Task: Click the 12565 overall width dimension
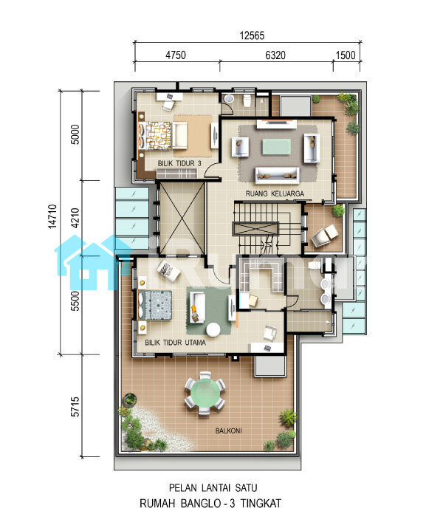(252, 35)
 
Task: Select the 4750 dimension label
(176, 55)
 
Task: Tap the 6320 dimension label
(275, 55)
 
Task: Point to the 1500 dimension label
(346, 55)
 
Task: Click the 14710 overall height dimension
(52, 216)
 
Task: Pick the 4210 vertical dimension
(75, 218)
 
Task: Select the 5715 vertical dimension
(75, 406)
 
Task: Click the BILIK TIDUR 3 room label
(179, 163)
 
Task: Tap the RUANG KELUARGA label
(275, 193)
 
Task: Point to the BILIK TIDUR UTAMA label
(175, 343)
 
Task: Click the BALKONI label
(228, 430)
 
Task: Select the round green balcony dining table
(205, 392)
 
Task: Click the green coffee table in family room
(276, 147)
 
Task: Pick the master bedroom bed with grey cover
(155, 306)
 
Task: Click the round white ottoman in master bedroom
(213, 330)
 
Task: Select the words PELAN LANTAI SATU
(213, 487)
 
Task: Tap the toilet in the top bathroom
(247, 100)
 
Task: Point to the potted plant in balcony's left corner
(130, 399)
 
